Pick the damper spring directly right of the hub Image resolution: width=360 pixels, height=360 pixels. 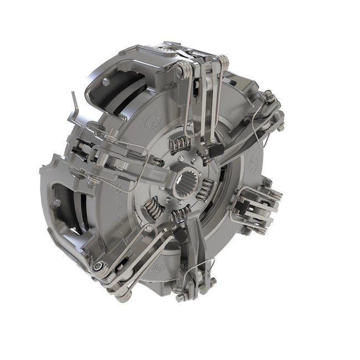coord(204,190)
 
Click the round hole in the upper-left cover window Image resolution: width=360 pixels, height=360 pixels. coord(105,82)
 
